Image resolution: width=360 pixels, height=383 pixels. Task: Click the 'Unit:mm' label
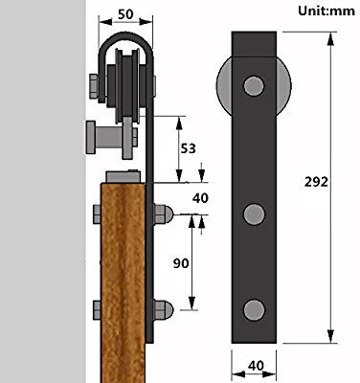pos(326,11)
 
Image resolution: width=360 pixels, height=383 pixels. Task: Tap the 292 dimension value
pos(316,182)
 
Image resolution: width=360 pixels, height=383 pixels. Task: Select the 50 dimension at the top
pos(125,14)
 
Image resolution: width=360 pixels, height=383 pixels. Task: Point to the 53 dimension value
pos(189,148)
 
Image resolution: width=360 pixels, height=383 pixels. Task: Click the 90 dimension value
pos(181,263)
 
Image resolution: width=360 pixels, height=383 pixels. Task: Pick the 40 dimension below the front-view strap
pos(256,366)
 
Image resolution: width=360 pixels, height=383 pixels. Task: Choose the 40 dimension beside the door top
pos(200,198)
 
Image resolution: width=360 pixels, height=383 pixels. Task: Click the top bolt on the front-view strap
pos(254,86)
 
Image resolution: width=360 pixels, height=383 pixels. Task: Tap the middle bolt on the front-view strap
pos(254,214)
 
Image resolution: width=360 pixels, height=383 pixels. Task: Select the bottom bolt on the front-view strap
pos(254,310)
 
